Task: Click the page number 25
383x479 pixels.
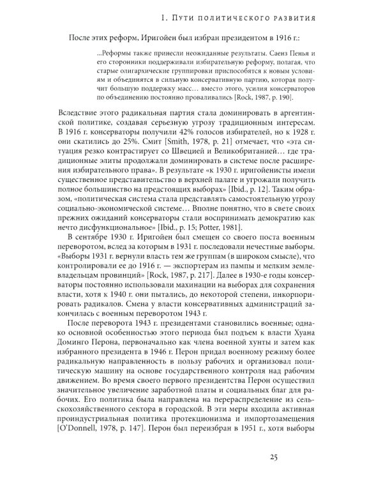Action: coord(273,456)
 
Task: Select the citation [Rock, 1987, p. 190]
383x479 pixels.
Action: coord(278,97)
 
